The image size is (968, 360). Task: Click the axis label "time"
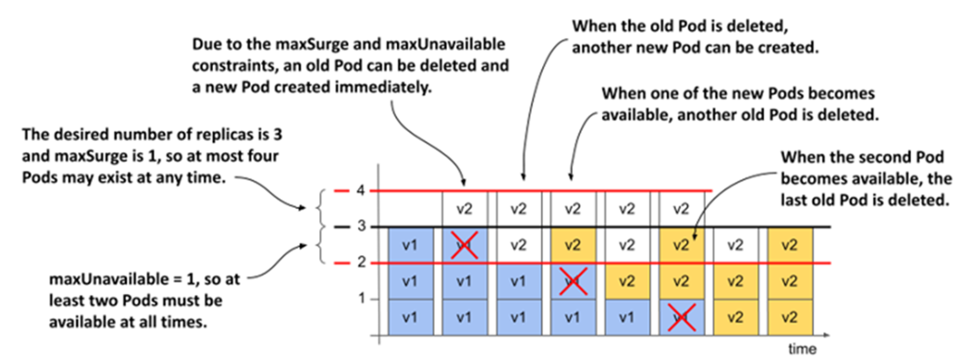[803, 349]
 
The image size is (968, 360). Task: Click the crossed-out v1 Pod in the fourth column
[573, 282]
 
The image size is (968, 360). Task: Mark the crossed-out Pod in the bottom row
[680, 318]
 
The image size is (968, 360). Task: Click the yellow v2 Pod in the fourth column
[573, 246]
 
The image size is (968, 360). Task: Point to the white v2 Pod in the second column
[465, 209]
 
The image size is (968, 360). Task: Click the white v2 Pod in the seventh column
[735, 246]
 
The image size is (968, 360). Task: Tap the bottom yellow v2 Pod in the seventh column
[735, 318]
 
